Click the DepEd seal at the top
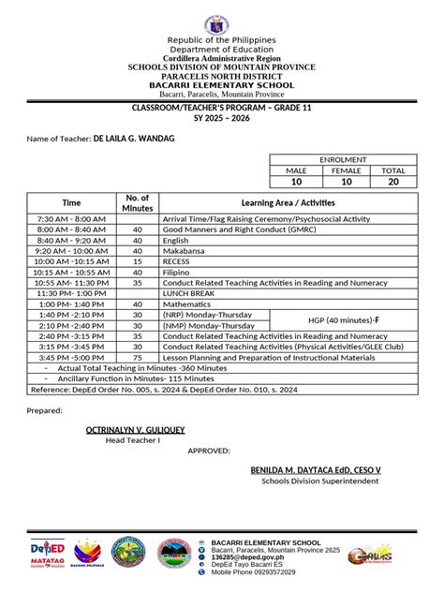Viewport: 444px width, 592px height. [222, 22]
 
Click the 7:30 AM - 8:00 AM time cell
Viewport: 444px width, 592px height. [71, 217]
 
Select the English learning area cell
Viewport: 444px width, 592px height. [176, 240]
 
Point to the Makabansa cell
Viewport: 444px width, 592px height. [184, 251]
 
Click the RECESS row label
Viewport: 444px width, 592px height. [177, 262]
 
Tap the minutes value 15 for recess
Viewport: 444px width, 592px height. [138, 262]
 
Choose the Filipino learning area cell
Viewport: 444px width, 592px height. [177, 273]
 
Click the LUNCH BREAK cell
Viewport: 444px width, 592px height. [190, 293]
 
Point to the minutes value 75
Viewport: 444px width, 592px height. [138, 357]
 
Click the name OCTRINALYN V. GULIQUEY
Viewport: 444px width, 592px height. [135, 430]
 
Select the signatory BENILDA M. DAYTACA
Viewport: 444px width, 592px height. [321, 468]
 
